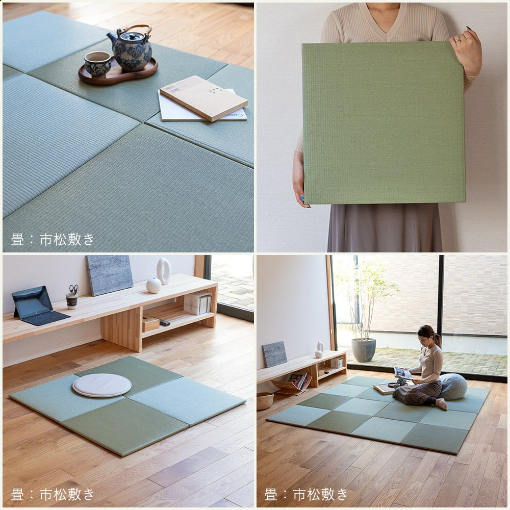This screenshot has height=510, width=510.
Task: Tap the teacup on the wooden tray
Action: coord(97,64)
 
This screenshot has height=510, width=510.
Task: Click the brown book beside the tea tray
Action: coord(203,97)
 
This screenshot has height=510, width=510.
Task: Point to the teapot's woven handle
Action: coord(137,30)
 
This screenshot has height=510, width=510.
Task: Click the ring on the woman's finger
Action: coord(457,40)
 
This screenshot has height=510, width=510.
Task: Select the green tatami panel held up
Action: coord(384,122)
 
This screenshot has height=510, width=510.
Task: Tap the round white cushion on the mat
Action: coord(102,385)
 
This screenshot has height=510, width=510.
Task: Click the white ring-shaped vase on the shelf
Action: coord(164,271)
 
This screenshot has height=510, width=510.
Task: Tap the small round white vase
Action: coord(154,285)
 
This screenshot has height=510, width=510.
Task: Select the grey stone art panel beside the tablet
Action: coord(109,275)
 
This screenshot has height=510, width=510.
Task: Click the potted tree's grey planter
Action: coord(364,350)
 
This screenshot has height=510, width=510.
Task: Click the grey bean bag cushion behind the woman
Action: coord(453,386)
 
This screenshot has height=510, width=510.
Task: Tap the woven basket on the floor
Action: coord(265,401)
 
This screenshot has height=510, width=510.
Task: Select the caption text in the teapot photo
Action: coord(53,239)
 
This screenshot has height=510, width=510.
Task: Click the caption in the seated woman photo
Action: coord(306,494)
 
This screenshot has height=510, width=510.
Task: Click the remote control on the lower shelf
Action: coord(165,322)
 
